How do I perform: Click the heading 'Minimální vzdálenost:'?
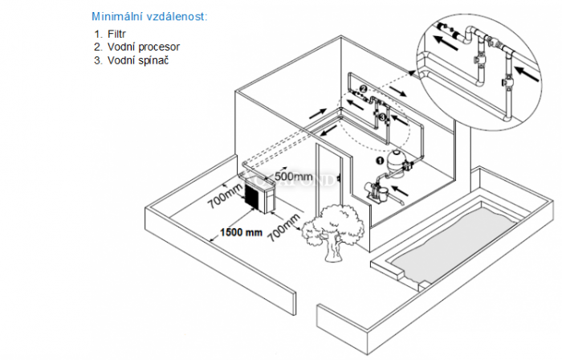(x=149, y=15)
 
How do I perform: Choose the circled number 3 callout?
(x=383, y=118)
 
